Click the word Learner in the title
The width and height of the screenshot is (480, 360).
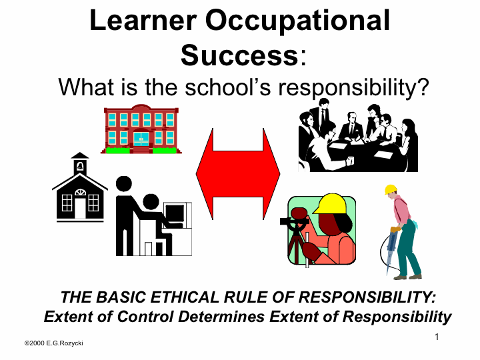[143, 20]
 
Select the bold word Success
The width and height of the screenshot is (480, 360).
[239, 55]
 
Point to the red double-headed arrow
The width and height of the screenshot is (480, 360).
[238, 174]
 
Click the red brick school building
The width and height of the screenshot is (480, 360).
[141, 129]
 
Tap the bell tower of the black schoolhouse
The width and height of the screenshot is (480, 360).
[80, 163]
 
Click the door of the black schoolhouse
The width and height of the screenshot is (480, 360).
[80, 208]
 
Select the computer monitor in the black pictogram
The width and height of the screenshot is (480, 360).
[175, 213]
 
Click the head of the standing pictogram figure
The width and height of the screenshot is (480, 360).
[124, 184]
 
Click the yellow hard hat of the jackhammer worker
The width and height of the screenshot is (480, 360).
[390, 189]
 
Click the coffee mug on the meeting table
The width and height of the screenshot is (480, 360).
[350, 161]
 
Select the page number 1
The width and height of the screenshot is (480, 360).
[437, 337]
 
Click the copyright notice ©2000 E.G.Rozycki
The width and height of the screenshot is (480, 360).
[54, 343]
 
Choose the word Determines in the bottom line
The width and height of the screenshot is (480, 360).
[221, 317]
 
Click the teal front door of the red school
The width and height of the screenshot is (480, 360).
[141, 139]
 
